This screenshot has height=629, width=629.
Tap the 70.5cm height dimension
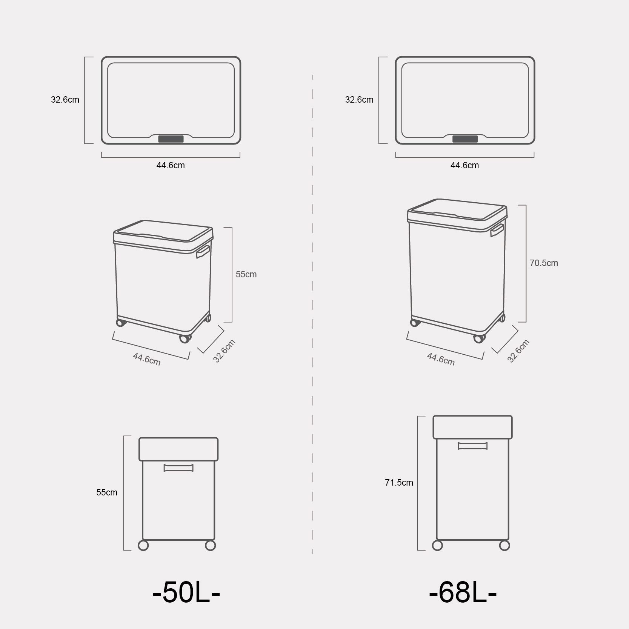(x=544, y=263)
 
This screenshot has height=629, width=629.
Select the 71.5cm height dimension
(x=399, y=483)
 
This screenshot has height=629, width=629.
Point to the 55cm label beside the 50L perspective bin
(x=246, y=274)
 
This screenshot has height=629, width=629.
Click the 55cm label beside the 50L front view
(x=107, y=492)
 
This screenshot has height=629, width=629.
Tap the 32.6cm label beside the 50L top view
(x=65, y=100)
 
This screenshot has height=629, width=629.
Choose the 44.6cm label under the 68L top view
(x=464, y=165)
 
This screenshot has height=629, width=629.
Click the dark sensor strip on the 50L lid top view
(x=171, y=139)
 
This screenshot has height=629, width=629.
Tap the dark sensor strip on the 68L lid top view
(x=465, y=139)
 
